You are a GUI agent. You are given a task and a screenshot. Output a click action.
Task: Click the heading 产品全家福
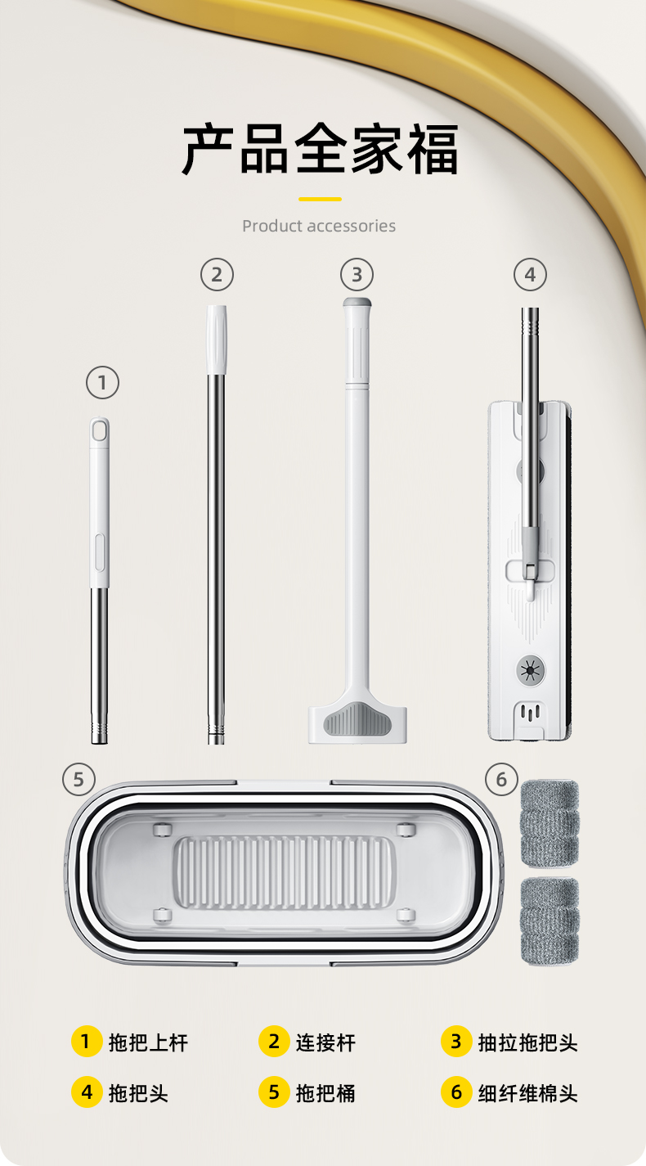[x=320, y=149]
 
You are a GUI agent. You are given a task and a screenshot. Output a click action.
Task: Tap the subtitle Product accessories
[x=319, y=226]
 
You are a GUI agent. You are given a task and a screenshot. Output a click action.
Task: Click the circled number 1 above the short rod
[x=102, y=383]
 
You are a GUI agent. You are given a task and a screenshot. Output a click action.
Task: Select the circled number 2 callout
[x=217, y=274]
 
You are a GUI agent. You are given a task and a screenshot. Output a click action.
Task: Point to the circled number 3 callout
[x=357, y=274]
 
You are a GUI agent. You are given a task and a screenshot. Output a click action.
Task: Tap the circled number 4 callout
[x=530, y=274]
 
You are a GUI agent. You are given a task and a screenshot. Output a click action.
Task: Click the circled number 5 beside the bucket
[x=79, y=779]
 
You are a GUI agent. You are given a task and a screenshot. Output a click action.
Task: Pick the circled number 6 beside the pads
[x=501, y=779]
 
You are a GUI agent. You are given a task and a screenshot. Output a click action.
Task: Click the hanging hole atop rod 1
[x=99, y=431]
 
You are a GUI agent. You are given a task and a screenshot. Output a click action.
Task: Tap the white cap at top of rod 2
[x=217, y=340]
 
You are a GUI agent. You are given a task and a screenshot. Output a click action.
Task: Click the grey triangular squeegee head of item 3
[x=357, y=719]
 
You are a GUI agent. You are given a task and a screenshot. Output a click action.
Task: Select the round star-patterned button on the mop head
[x=531, y=670]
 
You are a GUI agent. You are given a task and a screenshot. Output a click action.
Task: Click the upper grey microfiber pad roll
[x=550, y=823]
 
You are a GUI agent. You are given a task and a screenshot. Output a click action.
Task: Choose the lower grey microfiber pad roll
[x=550, y=921]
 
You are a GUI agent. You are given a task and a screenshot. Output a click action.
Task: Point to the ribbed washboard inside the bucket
[x=284, y=872]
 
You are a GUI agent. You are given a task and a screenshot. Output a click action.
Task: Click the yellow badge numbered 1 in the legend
[x=87, y=1042]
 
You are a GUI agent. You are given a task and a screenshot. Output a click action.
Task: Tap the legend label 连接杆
[x=325, y=1042]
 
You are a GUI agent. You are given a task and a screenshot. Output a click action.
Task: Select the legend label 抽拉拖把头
[x=528, y=1042]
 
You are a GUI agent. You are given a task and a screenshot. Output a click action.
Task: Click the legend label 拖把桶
[x=325, y=1093]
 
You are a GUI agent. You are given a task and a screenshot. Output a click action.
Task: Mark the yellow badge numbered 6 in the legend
[x=456, y=1092]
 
